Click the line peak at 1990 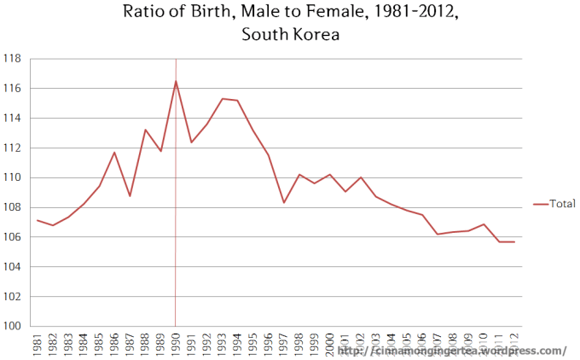pyautogui.click(x=176, y=81)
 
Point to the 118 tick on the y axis pyautogui.click(x=14, y=59)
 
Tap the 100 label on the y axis pyautogui.click(x=14, y=326)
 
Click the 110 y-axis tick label pyautogui.click(x=14, y=177)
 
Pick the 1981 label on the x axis pyautogui.click(x=38, y=343)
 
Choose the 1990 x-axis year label pyautogui.click(x=176, y=343)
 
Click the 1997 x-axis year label pyautogui.click(x=283, y=343)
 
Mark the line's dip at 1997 pyautogui.click(x=283, y=202)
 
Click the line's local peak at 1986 pyautogui.click(x=114, y=152)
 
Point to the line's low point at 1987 pyautogui.click(x=130, y=196)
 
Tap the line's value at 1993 pyautogui.click(x=222, y=99)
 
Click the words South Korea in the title pyautogui.click(x=290, y=35)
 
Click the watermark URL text pyautogui.click(x=452, y=351)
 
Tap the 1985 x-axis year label pyautogui.click(x=99, y=343)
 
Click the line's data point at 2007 pyautogui.click(x=438, y=234)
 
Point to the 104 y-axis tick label pyautogui.click(x=14, y=267)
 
